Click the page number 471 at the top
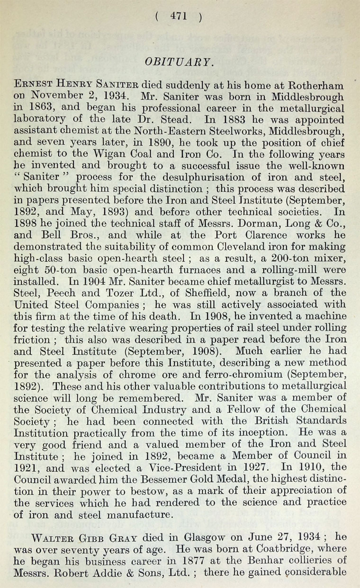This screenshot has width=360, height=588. [x=180, y=16]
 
